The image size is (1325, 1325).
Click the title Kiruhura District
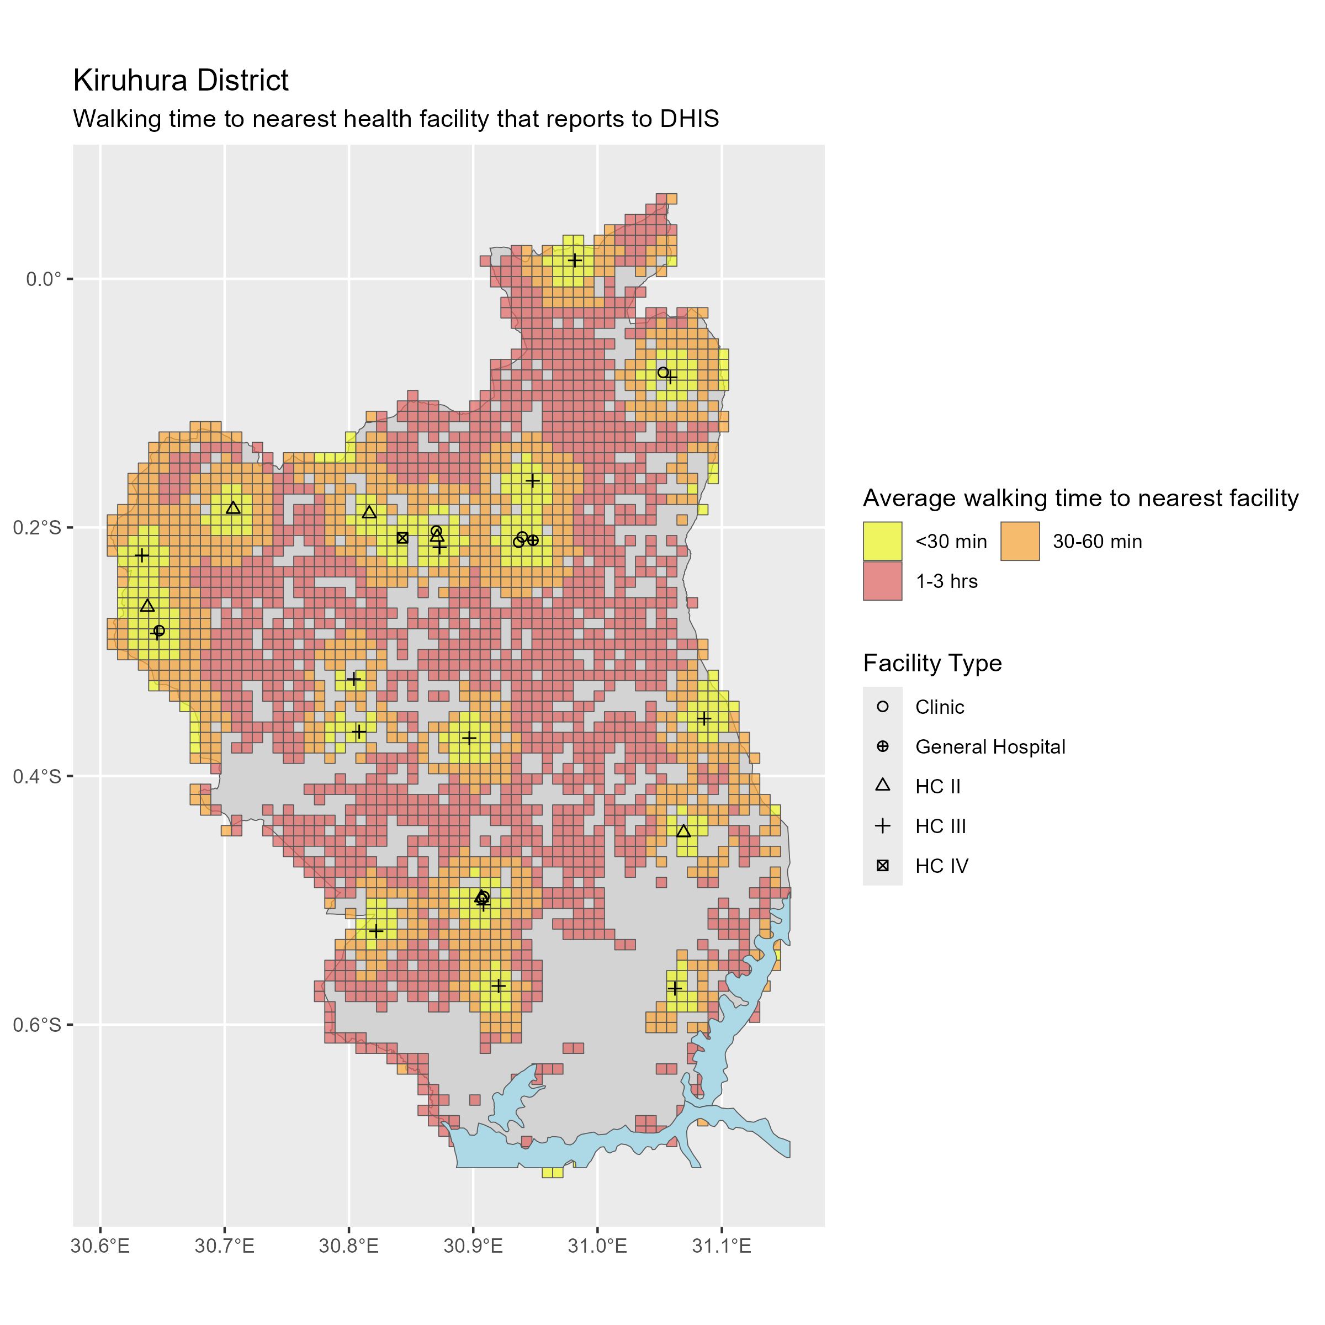[181, 80]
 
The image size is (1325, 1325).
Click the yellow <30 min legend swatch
[882, 541]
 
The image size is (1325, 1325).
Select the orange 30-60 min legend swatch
[1020, 541]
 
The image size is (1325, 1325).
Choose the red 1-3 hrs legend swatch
[882, 581]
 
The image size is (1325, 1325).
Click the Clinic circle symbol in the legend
[883, 707]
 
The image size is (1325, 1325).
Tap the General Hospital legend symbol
[883, 746]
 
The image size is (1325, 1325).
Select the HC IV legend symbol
[883, 866]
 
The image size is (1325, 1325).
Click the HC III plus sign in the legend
[883, 826]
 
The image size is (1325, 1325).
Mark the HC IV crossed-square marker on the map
[402, 538]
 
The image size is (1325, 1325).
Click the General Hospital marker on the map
[533, 540]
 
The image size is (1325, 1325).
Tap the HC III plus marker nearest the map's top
[575, 261]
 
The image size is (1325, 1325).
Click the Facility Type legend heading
[932, 663]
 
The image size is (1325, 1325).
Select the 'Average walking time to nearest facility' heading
[1080, 498]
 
